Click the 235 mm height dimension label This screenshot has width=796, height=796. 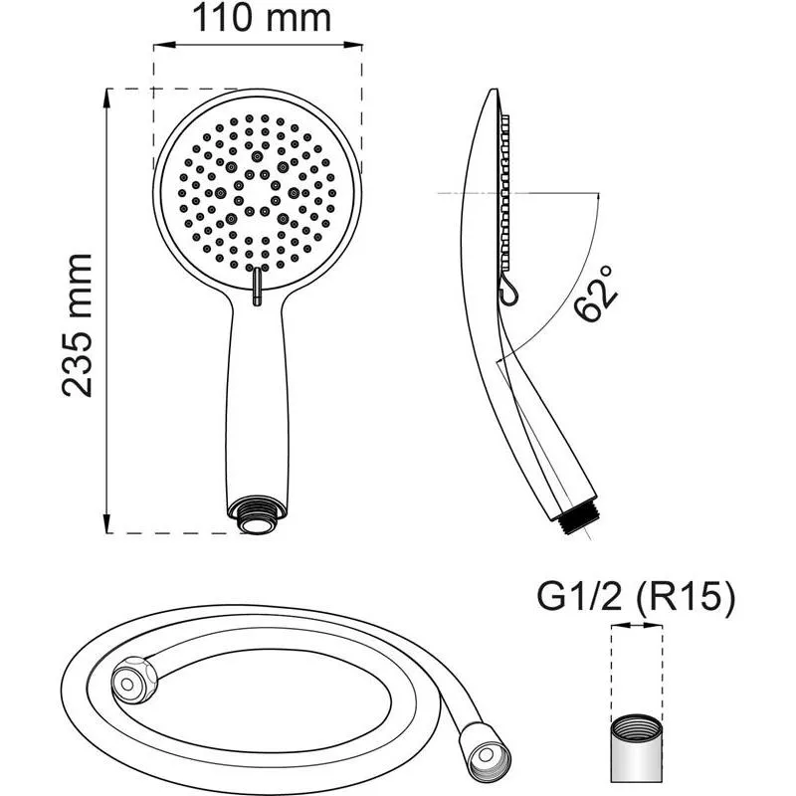click(x=78, y=324)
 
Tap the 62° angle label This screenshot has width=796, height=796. click(x=598, y=294)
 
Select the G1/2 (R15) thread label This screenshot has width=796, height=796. click(x=636, y=597)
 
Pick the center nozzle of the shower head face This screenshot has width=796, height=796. click(x=258, y=188)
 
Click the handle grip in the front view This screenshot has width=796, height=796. click(x=258, y=398)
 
